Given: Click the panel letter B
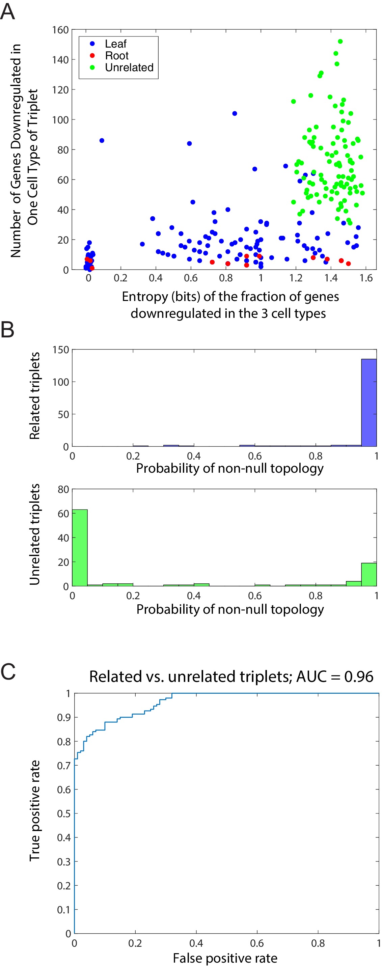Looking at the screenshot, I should [8, 330].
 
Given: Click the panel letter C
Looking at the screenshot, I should [8, 671].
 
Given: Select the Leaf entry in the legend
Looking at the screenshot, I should [115, 44].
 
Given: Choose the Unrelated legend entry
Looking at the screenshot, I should [129, 67].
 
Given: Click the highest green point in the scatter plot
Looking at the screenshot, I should [340, 42].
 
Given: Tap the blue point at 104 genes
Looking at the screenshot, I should [235, 114].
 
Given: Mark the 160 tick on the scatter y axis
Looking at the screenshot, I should [60, 30].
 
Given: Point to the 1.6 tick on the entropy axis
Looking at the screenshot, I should [366, 278].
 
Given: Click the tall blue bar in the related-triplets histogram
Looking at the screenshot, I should [369, 403].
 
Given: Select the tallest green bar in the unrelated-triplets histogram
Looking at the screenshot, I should [80, 548].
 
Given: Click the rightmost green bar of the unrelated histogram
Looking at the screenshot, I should [369, 574].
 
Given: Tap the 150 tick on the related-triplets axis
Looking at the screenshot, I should [61, 350].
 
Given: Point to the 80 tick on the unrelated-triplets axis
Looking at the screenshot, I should [63, 489].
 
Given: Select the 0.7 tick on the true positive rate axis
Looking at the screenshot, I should [64, 765].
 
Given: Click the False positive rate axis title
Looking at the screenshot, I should [225, 958].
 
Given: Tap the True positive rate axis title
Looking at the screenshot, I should [34, 810].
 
